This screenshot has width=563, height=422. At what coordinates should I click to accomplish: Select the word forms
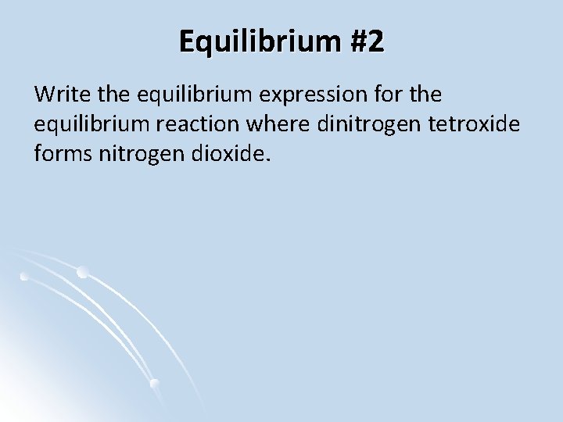(63, 154)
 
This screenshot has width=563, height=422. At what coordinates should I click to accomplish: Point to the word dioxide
(227, 154)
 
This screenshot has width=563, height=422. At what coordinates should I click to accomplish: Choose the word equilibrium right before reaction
(99, 124)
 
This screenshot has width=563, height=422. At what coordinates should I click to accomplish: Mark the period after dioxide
(271, 160)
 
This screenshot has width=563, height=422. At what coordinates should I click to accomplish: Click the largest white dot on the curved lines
(82, 272)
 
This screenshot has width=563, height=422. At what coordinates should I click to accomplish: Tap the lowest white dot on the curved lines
(154, 383)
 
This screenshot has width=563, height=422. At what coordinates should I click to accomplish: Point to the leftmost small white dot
(24, 276)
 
